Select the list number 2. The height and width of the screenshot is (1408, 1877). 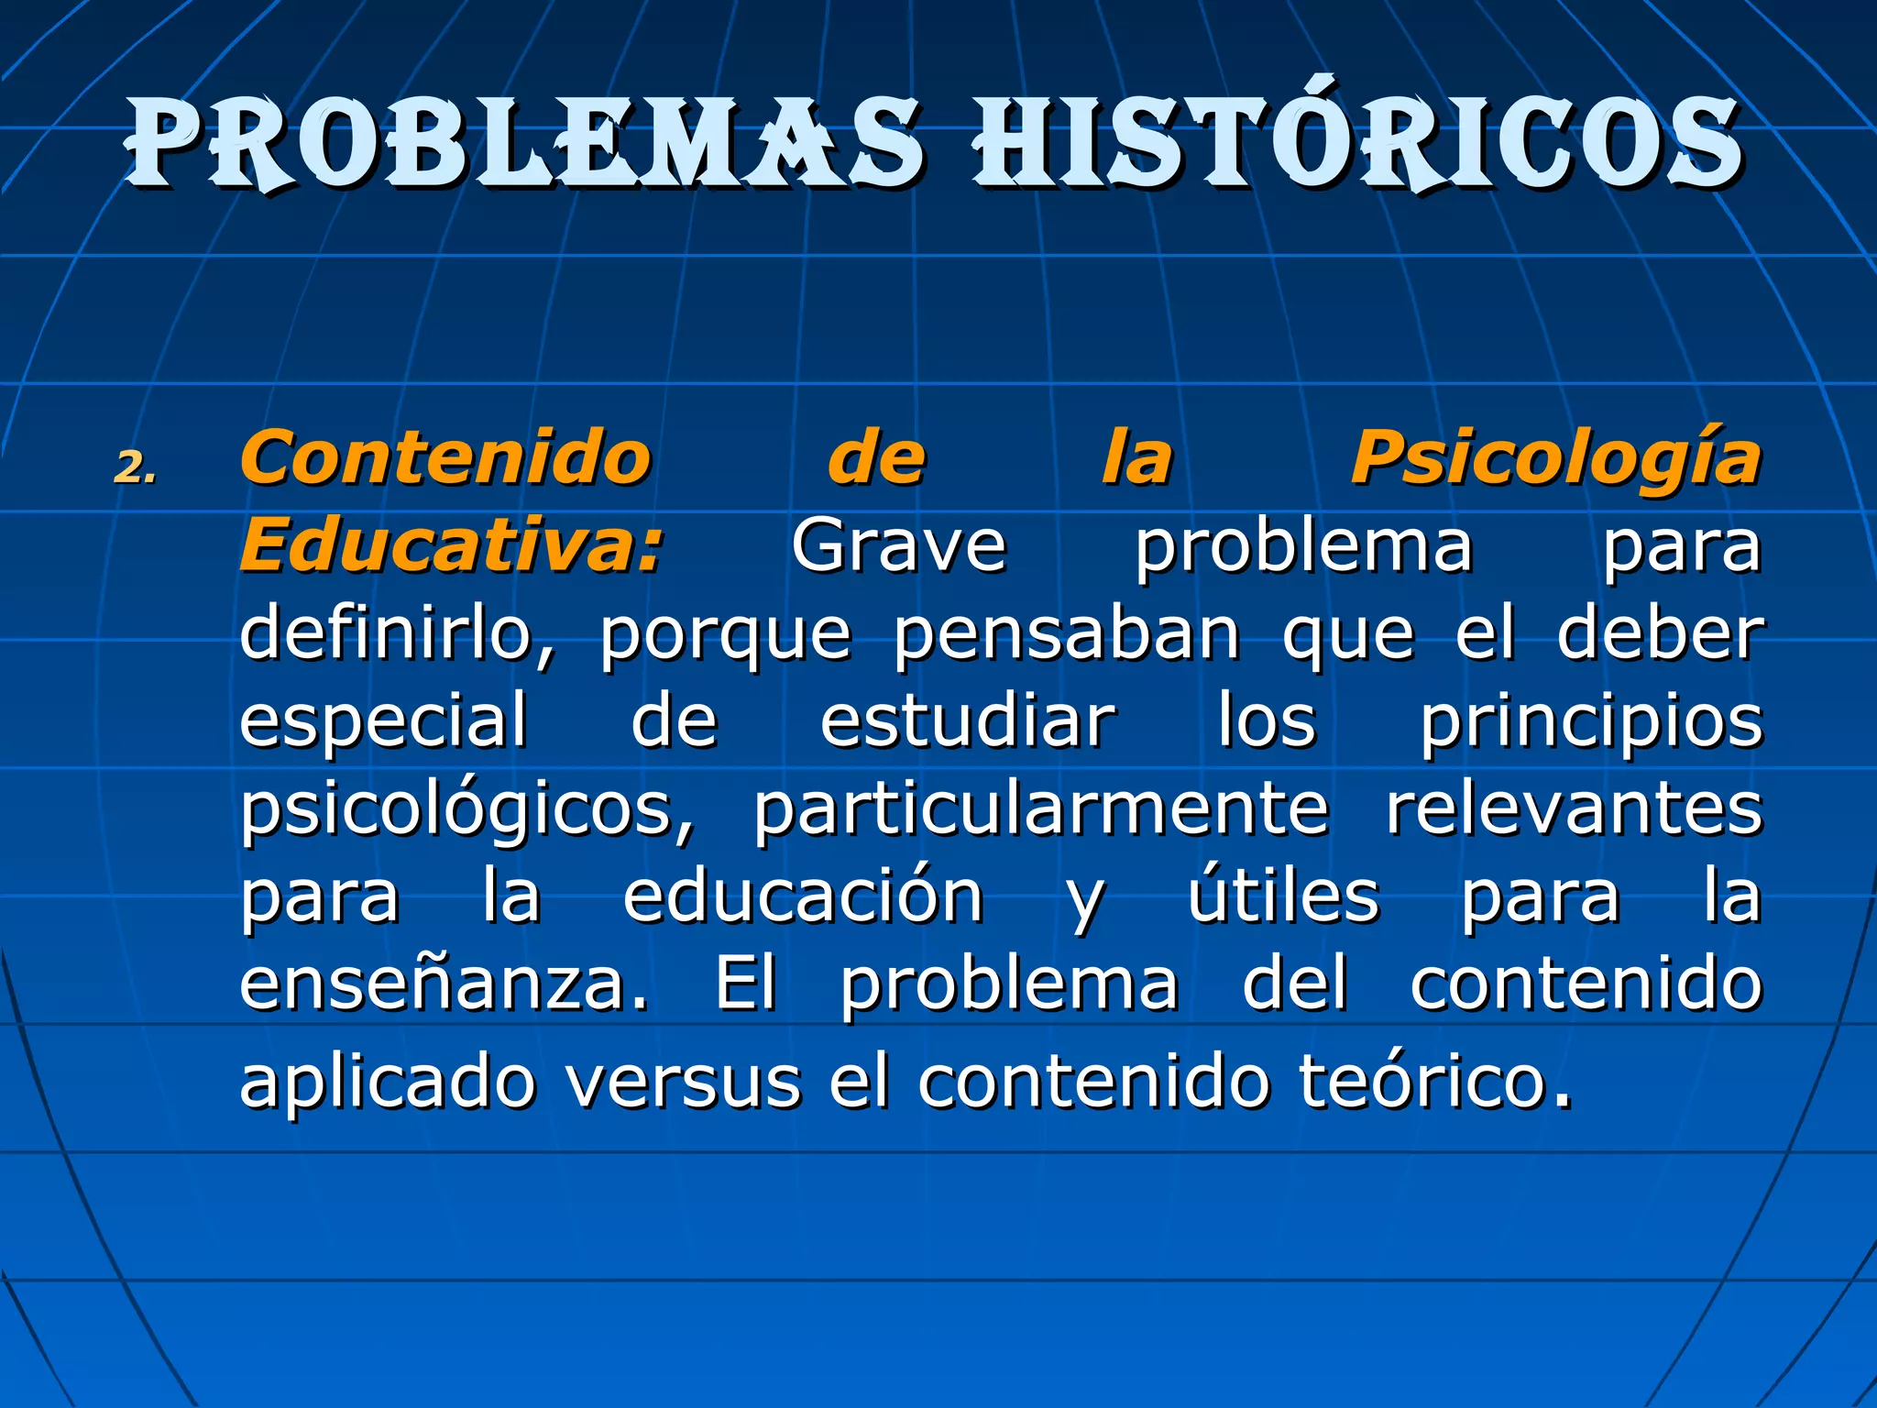pos(136,469)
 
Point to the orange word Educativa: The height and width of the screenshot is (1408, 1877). pos(451,546)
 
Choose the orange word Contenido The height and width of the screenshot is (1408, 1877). pos(445,458)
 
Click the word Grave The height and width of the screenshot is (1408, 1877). pos(898,546)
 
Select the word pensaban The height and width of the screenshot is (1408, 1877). pos(1066,634)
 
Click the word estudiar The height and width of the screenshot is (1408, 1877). pos(968,720)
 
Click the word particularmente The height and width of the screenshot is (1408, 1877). pos(1040,810)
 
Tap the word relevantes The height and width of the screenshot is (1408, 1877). pos(1574,808)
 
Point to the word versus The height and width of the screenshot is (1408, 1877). pos(684,1082)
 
